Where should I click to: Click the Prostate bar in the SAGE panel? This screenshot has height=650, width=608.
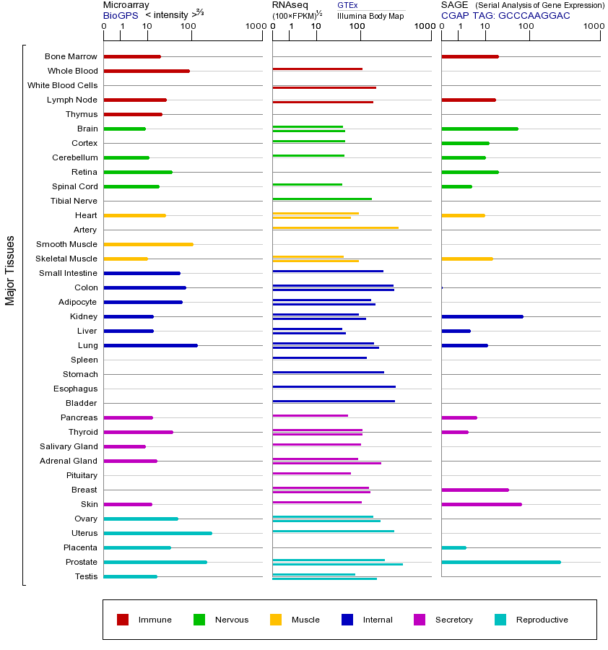(500, 562)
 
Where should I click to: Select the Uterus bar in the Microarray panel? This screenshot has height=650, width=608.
(157, 533)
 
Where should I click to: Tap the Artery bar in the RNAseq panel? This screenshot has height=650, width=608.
(335, 228)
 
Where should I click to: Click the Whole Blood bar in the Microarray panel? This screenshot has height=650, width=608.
(147, 71)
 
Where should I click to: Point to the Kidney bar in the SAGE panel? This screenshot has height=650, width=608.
(482, 316)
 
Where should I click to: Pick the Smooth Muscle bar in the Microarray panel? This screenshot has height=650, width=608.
(148, 244)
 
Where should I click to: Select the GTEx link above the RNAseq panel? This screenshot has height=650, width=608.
(347, 5)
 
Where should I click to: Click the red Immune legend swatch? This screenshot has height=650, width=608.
(123, 620)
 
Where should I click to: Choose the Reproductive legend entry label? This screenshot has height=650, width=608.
(542, 620)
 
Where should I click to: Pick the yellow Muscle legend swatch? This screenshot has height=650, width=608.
(276, 620)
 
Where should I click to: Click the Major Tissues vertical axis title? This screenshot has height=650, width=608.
(10, 270)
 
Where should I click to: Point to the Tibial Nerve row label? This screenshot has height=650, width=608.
(74, 201)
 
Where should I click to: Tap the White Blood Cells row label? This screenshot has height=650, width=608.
(62, 85)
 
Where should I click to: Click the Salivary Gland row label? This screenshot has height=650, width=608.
(69, 446)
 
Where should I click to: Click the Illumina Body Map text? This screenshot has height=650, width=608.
(370, 15)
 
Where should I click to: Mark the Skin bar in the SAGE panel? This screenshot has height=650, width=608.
(481, 504)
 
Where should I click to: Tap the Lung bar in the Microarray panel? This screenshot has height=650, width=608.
(150, 345)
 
